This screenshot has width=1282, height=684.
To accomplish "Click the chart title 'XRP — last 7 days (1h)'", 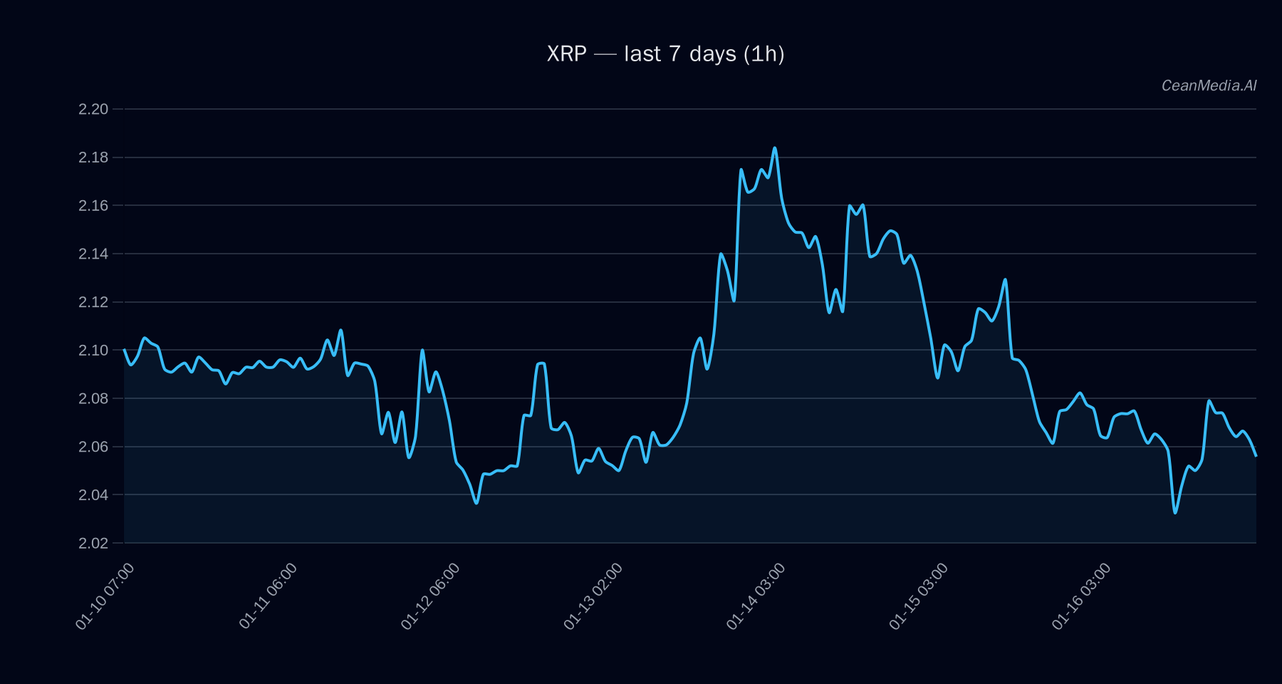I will tap(665, 54).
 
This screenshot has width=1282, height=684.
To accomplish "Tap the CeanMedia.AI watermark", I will tap(1209, 85).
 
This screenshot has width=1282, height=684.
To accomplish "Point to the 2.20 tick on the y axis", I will tap(93, 109).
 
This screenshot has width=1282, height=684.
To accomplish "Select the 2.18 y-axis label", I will tap(93, 157).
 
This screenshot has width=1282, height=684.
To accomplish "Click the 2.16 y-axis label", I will tap(93, 206).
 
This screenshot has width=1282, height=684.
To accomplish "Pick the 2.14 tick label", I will tap(93, 254).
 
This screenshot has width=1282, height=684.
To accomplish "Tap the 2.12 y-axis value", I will tap(93, 302).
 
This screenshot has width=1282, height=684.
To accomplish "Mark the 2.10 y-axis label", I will tap(93, 351).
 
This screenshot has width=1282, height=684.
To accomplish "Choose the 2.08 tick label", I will tap(93, 398).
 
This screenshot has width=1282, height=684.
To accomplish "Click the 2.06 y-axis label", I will tap(93, 447).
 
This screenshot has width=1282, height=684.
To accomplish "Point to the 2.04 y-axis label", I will tap(93, 494).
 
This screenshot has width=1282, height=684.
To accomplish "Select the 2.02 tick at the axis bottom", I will tap(93, 543).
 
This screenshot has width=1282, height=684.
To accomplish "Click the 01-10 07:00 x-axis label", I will tap(105, 596).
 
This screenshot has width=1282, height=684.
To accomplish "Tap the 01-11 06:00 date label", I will tap(268, 596).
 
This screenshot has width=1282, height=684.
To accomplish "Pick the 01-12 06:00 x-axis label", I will tap(430, 596).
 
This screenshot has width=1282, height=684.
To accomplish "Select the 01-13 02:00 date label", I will tap(593, 596).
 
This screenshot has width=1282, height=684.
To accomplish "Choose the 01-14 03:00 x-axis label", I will tap(756, 596).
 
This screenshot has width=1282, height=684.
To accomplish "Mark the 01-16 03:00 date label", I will tap(1081, 596).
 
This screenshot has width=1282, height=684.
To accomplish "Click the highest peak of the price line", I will tap(775, 148).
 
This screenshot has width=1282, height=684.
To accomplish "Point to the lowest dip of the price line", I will tap(1175, 512).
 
